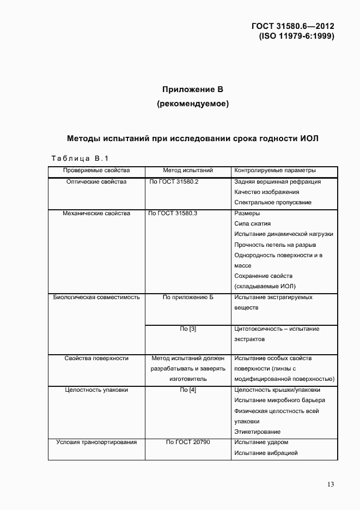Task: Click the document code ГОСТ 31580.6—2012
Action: point(292,26)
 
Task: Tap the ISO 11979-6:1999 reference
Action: point(296,36)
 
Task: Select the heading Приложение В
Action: point(193,89)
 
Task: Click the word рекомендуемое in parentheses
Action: point(193,104)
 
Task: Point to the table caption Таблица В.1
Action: point(80,159)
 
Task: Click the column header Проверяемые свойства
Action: point(96,171)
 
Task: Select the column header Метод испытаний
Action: point(187,171)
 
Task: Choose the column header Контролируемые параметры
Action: point(274,171)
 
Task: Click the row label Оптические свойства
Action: point(96,181)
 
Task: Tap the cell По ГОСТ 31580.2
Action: point(174,181)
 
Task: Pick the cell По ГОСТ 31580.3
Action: point(173,213)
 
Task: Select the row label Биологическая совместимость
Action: point(96,297)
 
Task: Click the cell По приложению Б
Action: point(187,297)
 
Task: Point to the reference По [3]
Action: point(187,329)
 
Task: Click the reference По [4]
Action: point(187,390)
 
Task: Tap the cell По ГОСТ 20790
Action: point(187,442)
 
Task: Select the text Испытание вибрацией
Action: point(265,453)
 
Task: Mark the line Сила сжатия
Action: point(252,223)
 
